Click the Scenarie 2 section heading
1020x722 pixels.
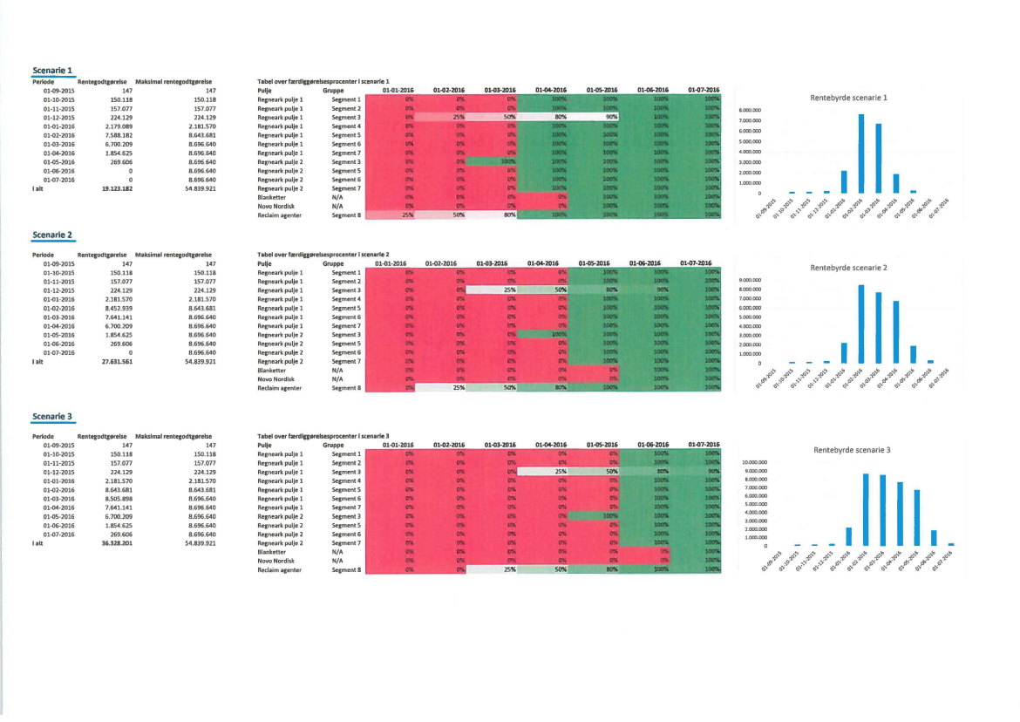point(52,235)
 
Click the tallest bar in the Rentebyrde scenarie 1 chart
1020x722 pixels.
point(861,153)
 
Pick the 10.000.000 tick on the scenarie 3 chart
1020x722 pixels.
point(753,462)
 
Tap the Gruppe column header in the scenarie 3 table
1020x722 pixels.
point(332,445)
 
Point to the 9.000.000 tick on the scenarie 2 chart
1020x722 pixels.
point(751,280)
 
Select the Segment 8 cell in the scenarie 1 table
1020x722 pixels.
point(346,215)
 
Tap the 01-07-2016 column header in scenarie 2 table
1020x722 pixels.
point(696,263)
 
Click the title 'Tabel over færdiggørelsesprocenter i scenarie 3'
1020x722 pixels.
point(323,435)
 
